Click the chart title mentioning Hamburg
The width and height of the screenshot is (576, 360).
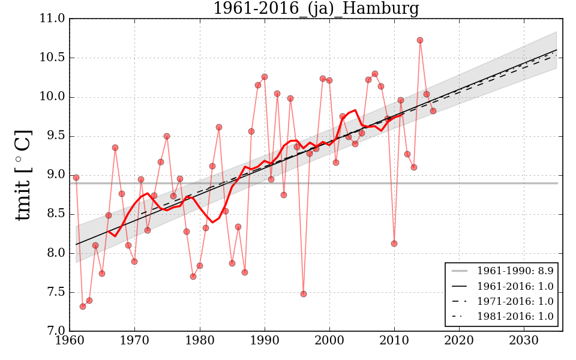coord(316,9)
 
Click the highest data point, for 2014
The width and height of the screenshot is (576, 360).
coord(420,40)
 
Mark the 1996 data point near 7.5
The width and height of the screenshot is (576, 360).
coord(304,294)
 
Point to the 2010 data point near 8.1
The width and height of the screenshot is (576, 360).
coord(394,244)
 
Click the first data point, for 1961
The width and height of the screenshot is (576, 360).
coord(76,178)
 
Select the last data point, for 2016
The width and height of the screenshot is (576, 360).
coord(433,111)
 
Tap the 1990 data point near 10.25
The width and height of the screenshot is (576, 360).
coord(265,77)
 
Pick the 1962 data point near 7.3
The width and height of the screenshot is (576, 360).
coord(83,307)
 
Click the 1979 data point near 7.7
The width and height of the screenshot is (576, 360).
coord(193,277)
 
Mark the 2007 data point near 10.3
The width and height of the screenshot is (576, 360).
coord(375,74)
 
